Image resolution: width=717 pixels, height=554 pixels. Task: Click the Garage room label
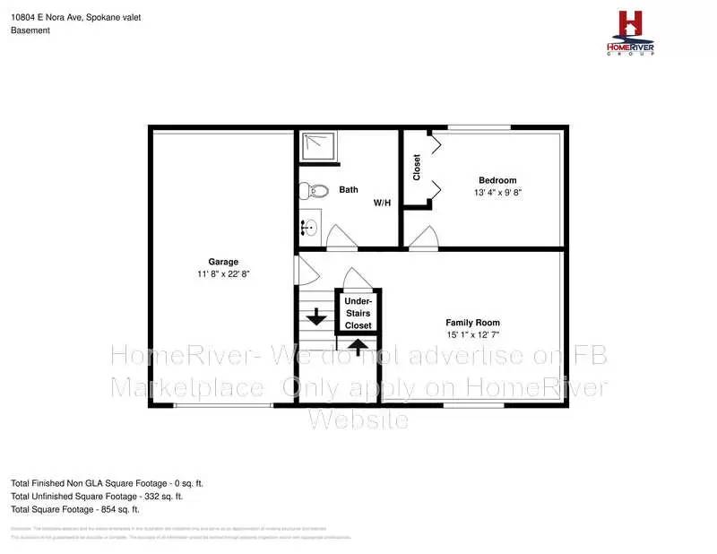223,262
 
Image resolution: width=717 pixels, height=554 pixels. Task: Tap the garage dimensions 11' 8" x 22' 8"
223,273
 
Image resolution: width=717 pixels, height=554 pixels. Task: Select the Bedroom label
497,180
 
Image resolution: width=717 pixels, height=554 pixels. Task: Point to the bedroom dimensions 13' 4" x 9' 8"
497,193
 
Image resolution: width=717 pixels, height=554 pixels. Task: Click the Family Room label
472,323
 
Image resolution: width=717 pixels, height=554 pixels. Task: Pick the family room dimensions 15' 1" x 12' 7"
472,335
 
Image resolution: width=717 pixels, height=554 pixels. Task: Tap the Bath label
349,189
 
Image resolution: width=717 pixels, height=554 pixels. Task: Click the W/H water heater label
383,203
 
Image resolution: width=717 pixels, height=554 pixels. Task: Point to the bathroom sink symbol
308,227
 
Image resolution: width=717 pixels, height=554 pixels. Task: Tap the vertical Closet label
417,168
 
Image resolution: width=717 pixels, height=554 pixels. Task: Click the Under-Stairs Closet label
358,313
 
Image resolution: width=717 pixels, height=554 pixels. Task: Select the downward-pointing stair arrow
315,316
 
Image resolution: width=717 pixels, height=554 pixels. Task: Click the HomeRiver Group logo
631,32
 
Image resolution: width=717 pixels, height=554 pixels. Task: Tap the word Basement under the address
30,30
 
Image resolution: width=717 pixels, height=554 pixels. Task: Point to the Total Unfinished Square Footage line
97,496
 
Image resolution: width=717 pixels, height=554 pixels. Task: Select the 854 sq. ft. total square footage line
75,509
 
